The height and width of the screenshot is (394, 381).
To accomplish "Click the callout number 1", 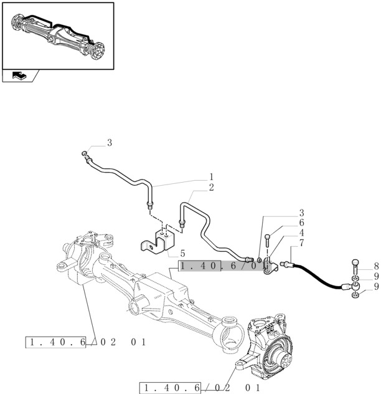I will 211,176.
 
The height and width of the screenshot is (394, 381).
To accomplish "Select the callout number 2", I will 211,187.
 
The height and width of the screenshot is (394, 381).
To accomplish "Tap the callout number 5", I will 182,253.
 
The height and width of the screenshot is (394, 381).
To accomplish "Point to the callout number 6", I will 301,223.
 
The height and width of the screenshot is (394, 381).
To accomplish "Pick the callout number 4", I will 301,232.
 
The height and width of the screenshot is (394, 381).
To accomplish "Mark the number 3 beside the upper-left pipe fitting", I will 110,143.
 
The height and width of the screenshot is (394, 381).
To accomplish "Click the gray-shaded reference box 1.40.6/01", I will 221,266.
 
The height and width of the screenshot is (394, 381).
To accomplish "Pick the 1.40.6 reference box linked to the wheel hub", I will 172,388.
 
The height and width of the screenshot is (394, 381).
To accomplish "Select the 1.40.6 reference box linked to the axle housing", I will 56,342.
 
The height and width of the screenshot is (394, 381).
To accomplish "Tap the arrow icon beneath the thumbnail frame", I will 19,76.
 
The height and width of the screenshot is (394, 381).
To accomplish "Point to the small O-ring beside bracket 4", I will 258,259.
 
